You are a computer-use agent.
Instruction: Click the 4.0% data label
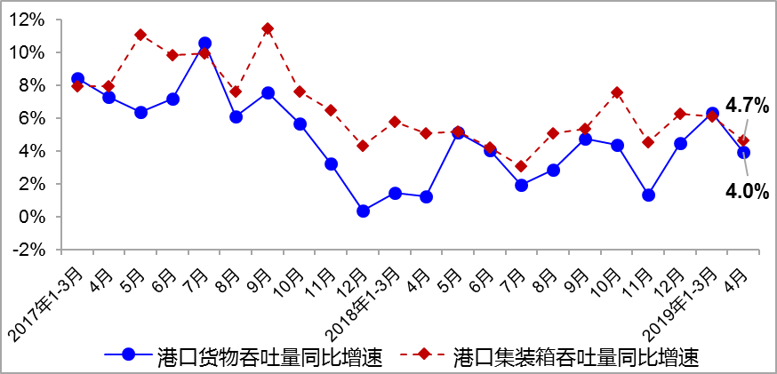pyautogui.click(x=747, y=190)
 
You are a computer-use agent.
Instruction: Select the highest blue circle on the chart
pyautogui.click(x=204, y=43)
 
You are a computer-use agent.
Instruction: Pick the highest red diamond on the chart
pyautogui.click(x=268, y=28)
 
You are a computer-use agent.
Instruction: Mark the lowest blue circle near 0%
pyautogui.click(x=363, y=211)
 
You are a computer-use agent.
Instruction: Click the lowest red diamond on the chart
pyautogui.click(x=522, y=166)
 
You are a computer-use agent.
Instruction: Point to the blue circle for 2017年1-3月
pyautogui.click(x=77, y=79)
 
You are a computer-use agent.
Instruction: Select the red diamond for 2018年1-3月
pyautogui.click(x=395, y=122)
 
